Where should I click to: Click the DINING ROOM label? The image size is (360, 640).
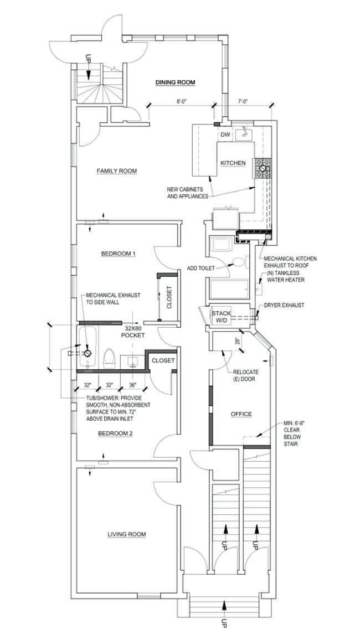pyautogui.click(x=175, y=82)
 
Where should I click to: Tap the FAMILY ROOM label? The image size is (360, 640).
pyautogui.click(x=116, y=171)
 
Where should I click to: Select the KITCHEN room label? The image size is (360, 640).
pyautogui.click(x=233, y=163)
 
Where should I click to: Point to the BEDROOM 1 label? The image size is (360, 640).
pyautogui.click(x=118, y=254)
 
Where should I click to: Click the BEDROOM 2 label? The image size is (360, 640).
pyautogui.click(x=115, y=433)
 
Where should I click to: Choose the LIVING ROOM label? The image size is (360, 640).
pyautogui.click(x=126, y=534)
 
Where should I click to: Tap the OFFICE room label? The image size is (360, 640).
pyautogui.click(x=241, y=414)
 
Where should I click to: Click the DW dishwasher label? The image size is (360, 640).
pyautogui.click(x=225, y=135)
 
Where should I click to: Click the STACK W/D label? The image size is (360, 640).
pyautogui.click(x=221, y=317)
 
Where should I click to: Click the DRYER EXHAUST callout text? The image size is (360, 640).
pyautogui.click(x=285, y=305)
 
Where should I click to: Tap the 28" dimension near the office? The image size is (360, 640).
pyautogui.click(x=238, y=342)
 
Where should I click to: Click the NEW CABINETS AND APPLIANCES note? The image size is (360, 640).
pyautogui.click(x=187, y=193)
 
